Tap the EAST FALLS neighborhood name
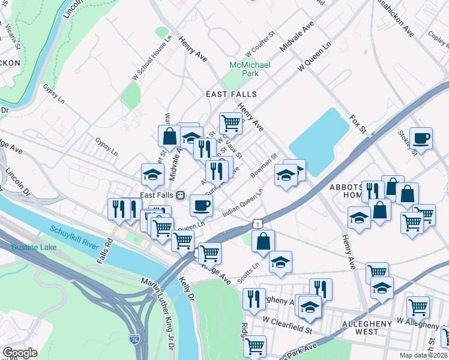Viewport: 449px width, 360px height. [x=231, y=94]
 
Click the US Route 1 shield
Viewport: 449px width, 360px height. [x=257, y=223]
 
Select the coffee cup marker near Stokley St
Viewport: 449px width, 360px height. [x=421, y=138]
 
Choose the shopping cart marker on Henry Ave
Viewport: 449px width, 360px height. [x=231, y=123]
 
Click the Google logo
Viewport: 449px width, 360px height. [x=20, y=352]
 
